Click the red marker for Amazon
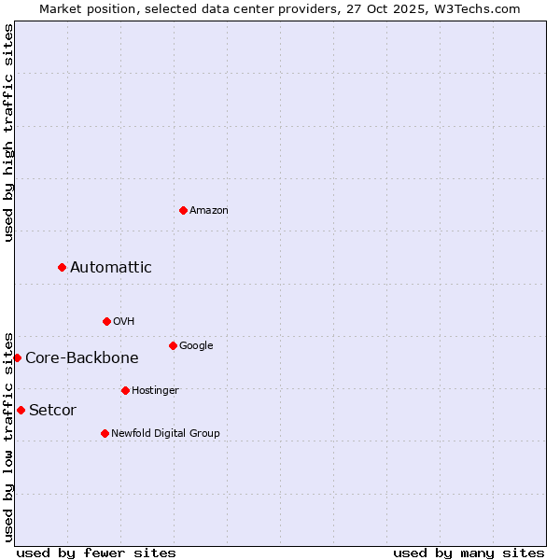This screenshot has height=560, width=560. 183,210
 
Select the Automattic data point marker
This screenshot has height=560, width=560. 63,268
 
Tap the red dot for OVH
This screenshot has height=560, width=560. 106,321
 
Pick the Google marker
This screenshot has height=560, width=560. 173,345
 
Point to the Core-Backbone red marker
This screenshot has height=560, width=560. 17,357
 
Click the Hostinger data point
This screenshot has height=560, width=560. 125,390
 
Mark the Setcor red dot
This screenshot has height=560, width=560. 21,410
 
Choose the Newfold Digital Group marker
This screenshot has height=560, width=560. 105,433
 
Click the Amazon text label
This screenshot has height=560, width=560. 209,211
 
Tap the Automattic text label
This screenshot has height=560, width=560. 111,268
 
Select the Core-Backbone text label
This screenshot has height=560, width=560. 82,357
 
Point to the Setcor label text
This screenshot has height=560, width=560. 53,410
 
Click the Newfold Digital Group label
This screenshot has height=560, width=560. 165,433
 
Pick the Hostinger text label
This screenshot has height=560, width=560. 155,390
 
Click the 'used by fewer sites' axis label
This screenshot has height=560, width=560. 96,553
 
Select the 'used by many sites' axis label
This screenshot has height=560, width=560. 469,553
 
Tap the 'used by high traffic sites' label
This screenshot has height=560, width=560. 8,133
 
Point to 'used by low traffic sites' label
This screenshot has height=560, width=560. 8,436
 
